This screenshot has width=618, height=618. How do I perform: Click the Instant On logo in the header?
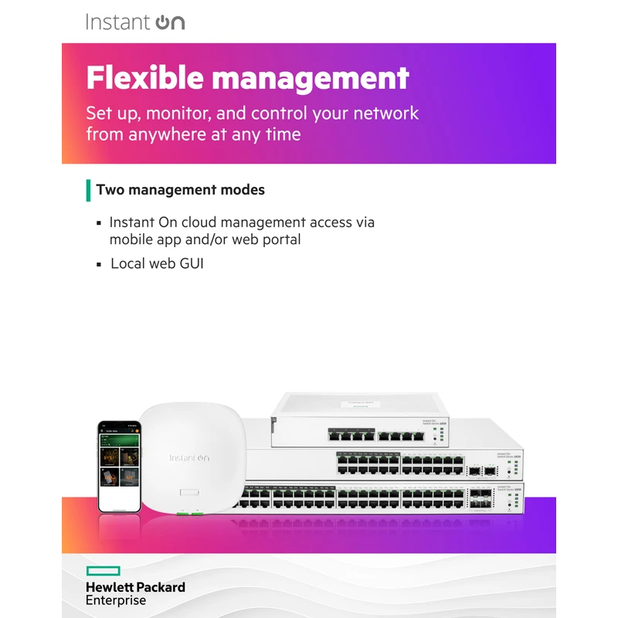coord(135,22)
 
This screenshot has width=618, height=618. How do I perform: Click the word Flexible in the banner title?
coord(144,77)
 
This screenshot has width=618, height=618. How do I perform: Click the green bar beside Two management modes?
coord(88,190)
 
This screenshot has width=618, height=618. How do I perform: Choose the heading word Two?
coord(110,190)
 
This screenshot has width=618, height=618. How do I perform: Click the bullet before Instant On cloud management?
coord(99,223)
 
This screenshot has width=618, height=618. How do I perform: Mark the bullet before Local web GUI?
coord(99,265)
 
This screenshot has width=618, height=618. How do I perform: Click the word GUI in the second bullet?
coord(191,264)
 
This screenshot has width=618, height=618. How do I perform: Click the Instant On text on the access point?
coord(189,458)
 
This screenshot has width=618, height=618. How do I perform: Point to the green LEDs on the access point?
coord(189,512)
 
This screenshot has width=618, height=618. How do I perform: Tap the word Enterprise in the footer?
coord(116,600)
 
